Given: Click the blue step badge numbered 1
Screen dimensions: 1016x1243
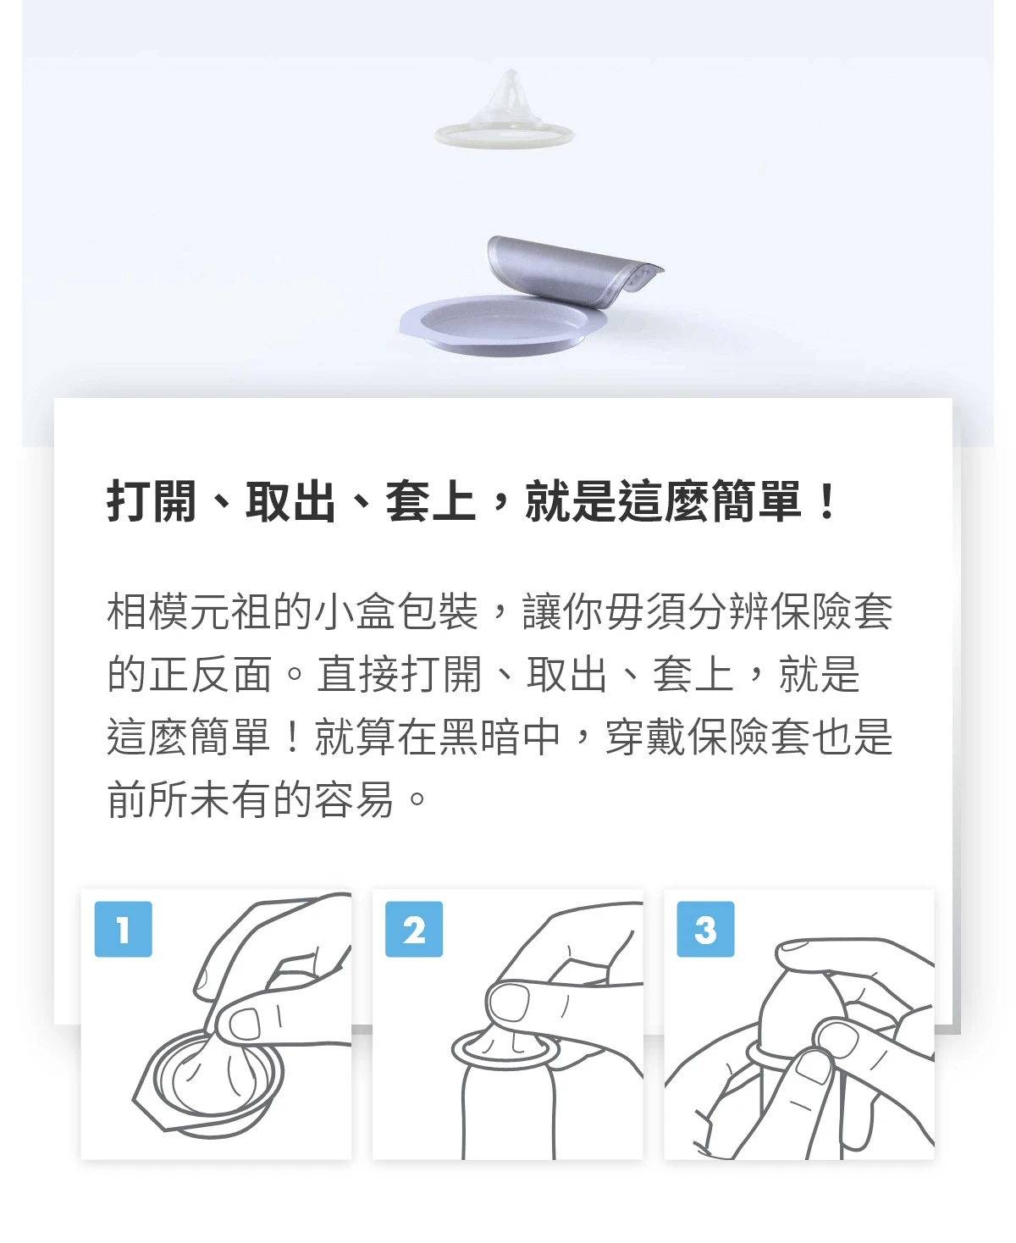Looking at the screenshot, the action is (123, 930).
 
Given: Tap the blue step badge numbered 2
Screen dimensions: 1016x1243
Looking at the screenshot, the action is (414, 930).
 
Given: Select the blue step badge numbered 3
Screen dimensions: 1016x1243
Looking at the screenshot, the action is (705, 930).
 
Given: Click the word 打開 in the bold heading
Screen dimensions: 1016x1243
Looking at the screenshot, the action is (151, 501).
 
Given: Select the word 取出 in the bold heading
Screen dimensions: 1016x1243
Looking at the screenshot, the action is (290, 501).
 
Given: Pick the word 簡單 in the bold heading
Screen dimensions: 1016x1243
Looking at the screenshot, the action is (757, 501).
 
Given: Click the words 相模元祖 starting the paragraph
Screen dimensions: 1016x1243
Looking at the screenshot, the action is (190, 610).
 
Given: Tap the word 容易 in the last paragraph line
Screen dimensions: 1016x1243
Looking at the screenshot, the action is (354, 800).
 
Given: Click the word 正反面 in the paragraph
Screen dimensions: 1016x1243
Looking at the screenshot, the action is (190, 674).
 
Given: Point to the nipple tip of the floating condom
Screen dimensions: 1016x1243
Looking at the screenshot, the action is (511, 75).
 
